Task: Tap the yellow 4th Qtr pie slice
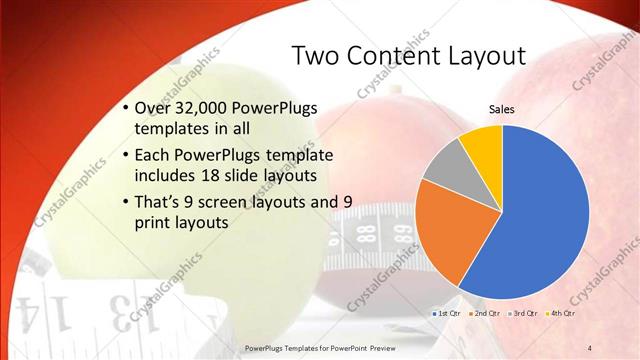click(483, 142)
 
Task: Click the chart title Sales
click(501, 109)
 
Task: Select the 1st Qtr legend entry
click(445, 313)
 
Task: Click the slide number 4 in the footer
click(589, 347)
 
